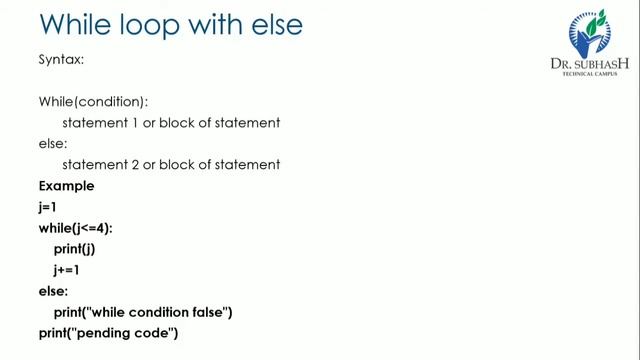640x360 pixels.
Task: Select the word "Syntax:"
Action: click(61, 60)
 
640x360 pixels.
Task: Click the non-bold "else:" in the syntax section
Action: click(51, 144)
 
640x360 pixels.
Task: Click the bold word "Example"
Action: click(66, 186)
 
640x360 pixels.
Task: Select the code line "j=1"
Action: click(48, 207)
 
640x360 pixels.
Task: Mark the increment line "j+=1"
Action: click(67, 270)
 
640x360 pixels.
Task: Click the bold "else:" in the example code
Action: click(53, 291)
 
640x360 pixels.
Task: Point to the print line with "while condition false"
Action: click(143, 312)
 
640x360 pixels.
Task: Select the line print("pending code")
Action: click(108, 333)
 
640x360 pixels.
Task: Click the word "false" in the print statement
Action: click(209, 312)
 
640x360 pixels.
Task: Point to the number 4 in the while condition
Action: click(104, 228)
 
